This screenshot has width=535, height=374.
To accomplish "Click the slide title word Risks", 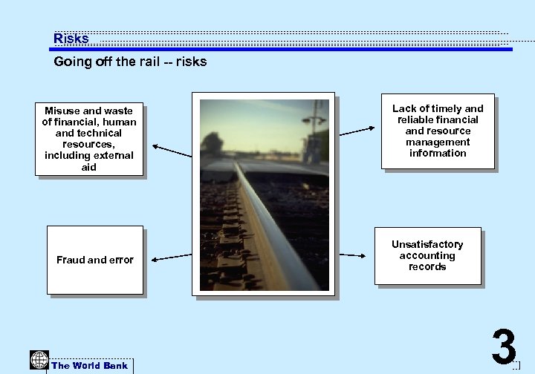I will [x=71, y=39].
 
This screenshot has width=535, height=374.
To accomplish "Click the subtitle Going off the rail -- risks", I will [x=130, y=62].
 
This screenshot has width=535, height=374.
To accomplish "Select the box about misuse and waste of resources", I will [x=88, y=139].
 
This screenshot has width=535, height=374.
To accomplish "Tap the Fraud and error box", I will [x=94, y=259].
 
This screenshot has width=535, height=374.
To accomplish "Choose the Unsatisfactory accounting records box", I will [x=427, y=255].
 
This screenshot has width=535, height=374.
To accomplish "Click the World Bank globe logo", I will [x=39, y=360].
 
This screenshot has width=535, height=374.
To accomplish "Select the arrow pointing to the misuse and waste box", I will [x=172, y=151].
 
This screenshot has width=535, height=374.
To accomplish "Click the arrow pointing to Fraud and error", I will [x=172, y=257].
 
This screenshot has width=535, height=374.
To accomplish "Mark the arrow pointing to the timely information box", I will [x=357, y=131].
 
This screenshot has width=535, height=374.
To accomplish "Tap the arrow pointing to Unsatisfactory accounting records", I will [x=352, y=255].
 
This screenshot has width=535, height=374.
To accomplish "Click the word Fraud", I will [x=71, y=260].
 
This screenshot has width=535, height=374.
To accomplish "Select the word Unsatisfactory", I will [x=427, y=244].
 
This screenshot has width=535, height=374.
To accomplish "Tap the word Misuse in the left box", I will [x=62, y=111].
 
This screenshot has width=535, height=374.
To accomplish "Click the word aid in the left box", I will [x=89, y=167].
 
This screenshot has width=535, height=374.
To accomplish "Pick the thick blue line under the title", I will [x=282, y=50].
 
